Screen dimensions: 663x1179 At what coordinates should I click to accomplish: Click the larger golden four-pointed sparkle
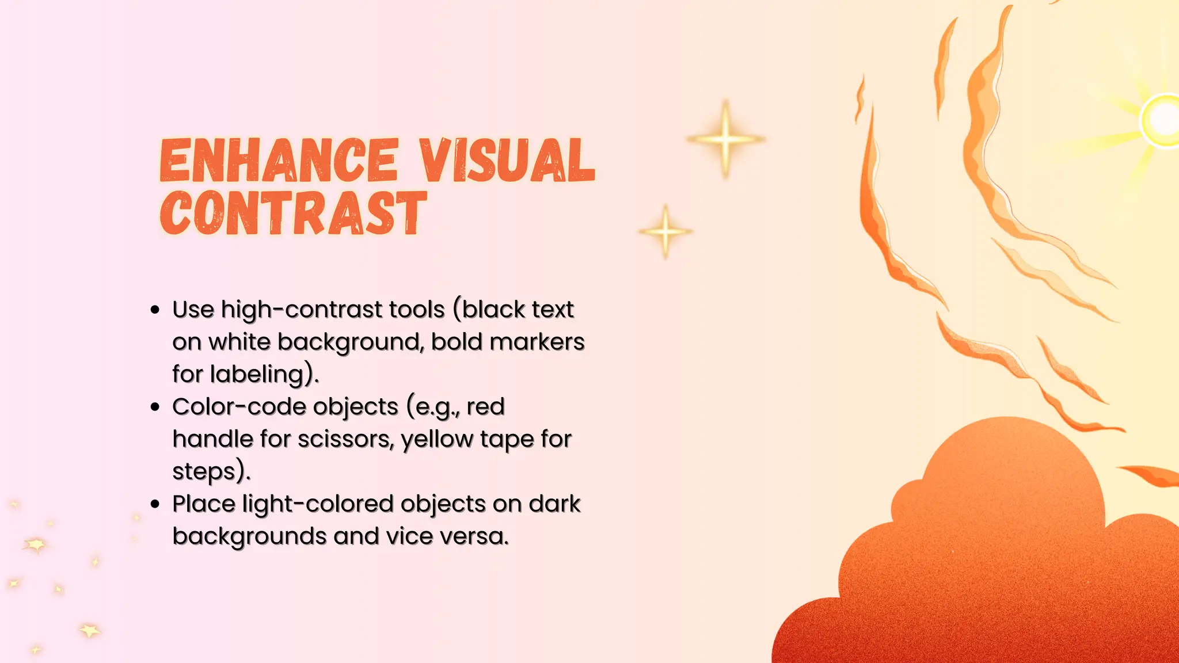pos(725,139)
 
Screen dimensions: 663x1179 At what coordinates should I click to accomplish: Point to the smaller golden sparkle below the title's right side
pos(665,231)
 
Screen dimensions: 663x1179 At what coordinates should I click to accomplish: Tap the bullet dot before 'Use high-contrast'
pos(154,310)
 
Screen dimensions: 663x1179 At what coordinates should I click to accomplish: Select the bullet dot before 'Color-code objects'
pos(154,407)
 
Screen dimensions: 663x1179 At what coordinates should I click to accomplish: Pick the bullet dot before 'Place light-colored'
pos(154,504)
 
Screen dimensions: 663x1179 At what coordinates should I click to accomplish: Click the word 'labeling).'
pos(264,375)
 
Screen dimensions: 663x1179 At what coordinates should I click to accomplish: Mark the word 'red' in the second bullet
pos(485,407)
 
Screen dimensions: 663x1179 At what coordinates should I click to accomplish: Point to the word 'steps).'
pos(211,472)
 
